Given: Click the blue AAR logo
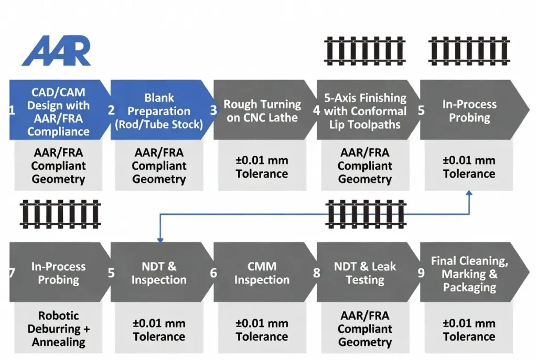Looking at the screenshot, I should [57, 51].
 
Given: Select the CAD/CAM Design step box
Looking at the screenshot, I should [58, 111].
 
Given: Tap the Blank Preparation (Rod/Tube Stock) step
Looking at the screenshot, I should [159, 111].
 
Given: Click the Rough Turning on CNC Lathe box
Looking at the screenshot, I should [262, 111].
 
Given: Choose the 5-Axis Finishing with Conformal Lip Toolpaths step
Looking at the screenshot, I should [365, 111].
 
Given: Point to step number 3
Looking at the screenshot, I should [213, 111].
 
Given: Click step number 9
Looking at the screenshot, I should [421, 272].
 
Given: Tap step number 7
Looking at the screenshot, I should [12, 272].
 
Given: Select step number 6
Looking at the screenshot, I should [213, 272].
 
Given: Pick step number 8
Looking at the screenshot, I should [316, 272].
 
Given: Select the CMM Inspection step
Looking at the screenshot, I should [262, 272].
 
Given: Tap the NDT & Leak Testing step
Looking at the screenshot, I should [365, 272].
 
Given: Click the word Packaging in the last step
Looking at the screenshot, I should [469, 287].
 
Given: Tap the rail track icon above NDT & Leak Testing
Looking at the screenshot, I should [365, 213].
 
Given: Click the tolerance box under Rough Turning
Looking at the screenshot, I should [262, 167].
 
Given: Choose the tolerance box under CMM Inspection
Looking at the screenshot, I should [262, 330].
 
